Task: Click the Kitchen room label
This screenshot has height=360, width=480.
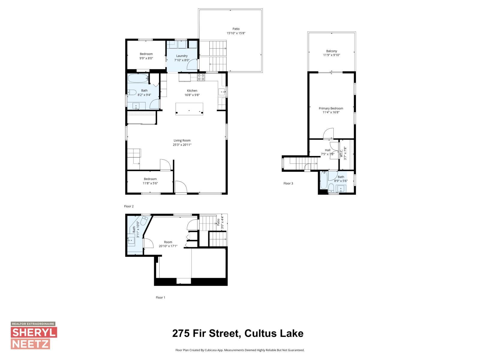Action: [x=192, y=91]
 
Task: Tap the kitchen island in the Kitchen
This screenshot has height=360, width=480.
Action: [x=189, y=108]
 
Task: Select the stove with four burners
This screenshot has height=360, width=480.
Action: [x=201, y=77]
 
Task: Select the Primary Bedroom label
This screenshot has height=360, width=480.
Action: [x=331, y=108]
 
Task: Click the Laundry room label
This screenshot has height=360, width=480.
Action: [x=182, y=56]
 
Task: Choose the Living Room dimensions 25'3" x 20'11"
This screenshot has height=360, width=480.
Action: [x=182, y=145]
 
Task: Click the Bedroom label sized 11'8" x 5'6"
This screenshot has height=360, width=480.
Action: [x=150, y=179]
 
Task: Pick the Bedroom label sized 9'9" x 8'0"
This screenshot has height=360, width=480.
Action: [x=146, y=54]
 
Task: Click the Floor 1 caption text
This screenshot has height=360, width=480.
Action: [x=160, y=298]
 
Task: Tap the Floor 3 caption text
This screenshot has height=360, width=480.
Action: [x=288, y=183]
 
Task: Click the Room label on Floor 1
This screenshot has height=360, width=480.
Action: [x=168, y=242]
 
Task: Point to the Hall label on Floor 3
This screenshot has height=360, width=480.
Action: [x=327, y=150]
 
